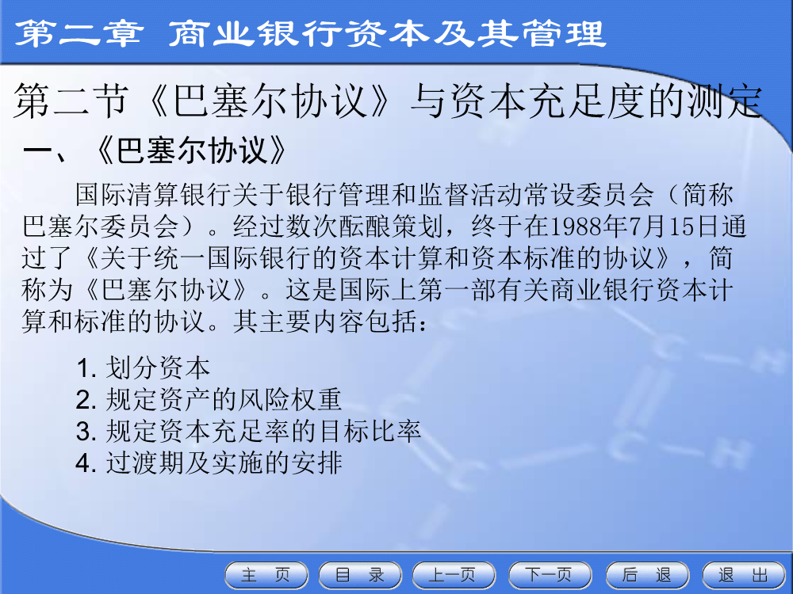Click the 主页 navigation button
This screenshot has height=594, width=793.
(266, 575)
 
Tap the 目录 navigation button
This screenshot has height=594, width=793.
(360, 575)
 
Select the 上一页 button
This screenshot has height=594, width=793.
(454, 575)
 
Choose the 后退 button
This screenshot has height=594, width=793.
(647, 575)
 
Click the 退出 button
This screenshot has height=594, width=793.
(744, 575)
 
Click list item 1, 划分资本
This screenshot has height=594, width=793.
(143, 367)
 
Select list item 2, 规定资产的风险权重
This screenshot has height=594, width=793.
(209, 399)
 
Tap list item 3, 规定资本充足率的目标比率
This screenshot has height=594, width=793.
(248, 431)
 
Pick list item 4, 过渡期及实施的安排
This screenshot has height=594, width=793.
(209, 463)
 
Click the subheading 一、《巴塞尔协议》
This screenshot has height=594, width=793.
(155, 150)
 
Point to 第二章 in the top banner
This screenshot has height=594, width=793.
(78, 33)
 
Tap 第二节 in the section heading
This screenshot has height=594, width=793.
(71, 101)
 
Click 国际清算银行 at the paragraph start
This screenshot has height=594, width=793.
(155, 195)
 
